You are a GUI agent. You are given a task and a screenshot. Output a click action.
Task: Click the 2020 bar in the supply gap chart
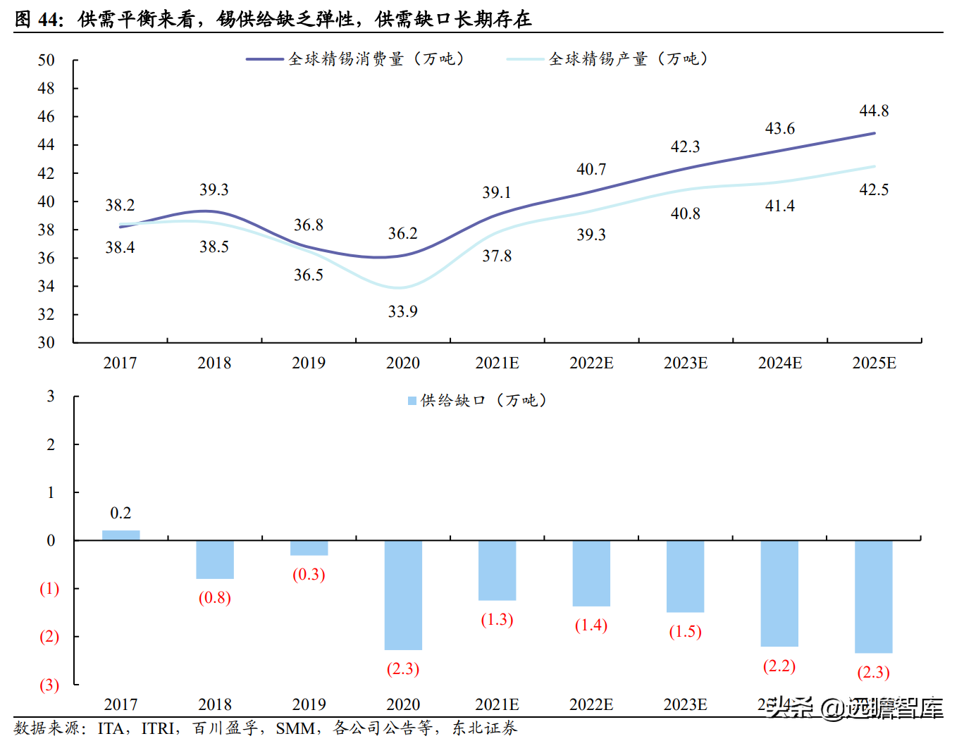(x=403, y=594)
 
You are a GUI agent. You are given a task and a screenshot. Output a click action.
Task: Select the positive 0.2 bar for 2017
(x=121, y=535)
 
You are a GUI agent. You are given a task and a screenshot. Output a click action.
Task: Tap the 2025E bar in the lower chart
(x=873, y=596)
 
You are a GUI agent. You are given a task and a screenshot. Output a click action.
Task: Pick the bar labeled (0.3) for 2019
(x=309, y=548)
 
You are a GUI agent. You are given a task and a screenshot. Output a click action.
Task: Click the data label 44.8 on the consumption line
(x=874, y=111)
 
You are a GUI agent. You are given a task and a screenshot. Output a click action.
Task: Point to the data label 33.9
(x=402, y=311)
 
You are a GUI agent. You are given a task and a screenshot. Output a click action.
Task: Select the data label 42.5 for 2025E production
(x=874, y=189)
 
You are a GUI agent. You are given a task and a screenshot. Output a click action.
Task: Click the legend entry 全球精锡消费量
(x=345, y=59)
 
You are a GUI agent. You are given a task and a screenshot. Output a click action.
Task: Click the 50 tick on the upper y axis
(x=46, y=60)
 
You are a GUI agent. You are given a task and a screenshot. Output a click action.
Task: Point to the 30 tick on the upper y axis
(x=46, y=342)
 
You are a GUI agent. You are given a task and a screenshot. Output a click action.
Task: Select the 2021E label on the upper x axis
(x=497, y=363)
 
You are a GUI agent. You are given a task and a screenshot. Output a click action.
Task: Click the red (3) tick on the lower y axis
(x=49, y=685)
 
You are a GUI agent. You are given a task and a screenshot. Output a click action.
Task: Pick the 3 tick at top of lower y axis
(x=51, y=396)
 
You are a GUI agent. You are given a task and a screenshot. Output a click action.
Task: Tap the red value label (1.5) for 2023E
(x=685, y=631)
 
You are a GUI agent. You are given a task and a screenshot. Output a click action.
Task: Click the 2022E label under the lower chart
(x=591, y=704)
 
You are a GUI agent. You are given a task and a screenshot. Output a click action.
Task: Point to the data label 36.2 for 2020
(x=402, y=233)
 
